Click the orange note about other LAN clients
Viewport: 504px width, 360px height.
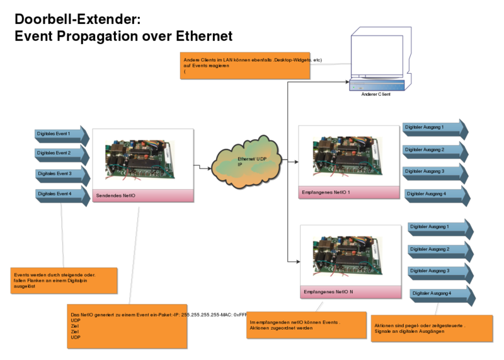click(x=245, y=65)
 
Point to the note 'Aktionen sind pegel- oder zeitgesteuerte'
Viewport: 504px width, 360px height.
click(x=432, y=328)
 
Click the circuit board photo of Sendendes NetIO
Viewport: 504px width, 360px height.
click(x=142, y=158)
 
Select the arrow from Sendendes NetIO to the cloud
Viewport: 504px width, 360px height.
click(x=203, y=168)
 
